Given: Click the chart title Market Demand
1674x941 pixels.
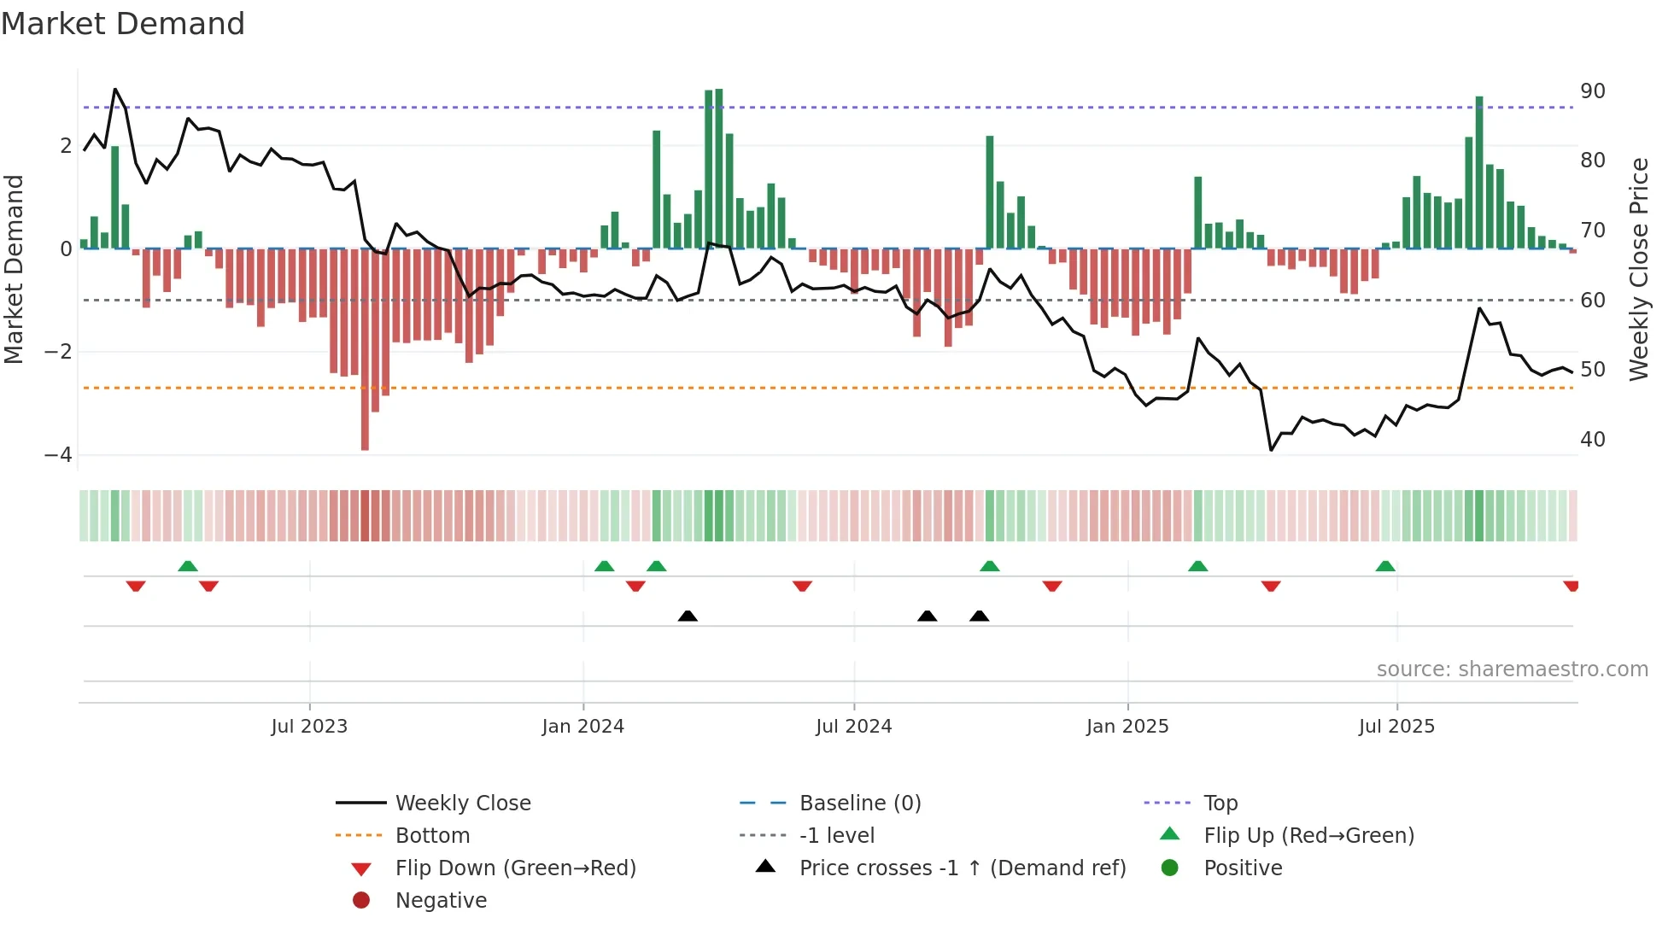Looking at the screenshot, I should (x=123, y=24).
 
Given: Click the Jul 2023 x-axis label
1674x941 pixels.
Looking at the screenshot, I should (x=309, y=727).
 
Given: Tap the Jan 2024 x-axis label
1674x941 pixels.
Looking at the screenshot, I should (x=583, y=727).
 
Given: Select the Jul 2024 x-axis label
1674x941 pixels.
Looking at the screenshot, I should (x=853, y=727).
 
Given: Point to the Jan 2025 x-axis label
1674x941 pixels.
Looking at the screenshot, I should (x=1127, y=727).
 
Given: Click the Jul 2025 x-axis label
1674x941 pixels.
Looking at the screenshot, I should (x=1396, y=727).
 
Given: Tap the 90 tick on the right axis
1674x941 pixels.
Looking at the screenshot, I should (x=1593, y=91).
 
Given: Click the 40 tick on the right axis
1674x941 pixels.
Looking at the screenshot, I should (x=1593, y=440).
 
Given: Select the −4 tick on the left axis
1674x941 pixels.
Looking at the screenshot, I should (x=58, y=455).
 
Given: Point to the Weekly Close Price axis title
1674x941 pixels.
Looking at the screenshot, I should (x=1638, y=269).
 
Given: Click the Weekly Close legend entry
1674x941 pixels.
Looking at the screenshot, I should (x=462, y=804).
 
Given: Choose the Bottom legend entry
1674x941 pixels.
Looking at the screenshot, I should (x=432, y=836).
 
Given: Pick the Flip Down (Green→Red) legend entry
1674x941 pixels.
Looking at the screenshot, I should (x=515, y=868).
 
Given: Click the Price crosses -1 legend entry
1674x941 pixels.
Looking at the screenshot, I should (x=962, y=868).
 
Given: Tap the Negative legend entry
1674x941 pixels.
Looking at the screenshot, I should (x=441, y=901).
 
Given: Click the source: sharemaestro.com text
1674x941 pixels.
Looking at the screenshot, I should (x=1512, y=669).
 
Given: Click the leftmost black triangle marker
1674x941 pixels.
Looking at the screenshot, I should (x=688, y=616).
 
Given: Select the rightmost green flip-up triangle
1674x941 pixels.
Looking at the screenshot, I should (x=1385, y=566).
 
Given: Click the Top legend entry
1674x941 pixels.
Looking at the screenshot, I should (x=1220, y=804).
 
